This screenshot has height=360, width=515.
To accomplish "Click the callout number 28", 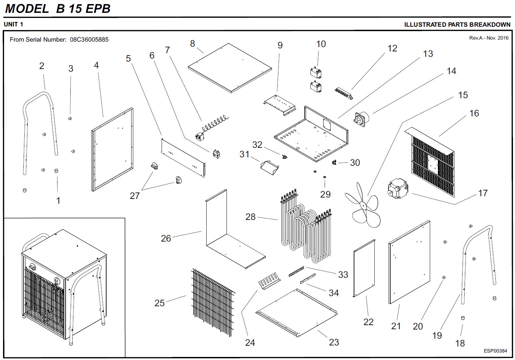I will point(250,217).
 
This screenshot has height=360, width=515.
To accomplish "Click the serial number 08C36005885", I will point(89,40).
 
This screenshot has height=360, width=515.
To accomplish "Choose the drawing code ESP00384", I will point(495,351).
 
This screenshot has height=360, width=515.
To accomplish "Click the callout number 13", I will point(428,54).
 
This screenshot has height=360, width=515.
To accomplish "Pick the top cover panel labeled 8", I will point(230,68).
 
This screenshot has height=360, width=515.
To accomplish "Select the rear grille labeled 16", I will point(433,162).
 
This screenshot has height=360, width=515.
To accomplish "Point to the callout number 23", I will point(334,342).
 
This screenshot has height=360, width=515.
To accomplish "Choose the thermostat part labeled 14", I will point(361,118).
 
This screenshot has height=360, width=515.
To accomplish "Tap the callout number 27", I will point(135,196).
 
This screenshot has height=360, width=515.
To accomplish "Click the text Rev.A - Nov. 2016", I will point(489,38).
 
